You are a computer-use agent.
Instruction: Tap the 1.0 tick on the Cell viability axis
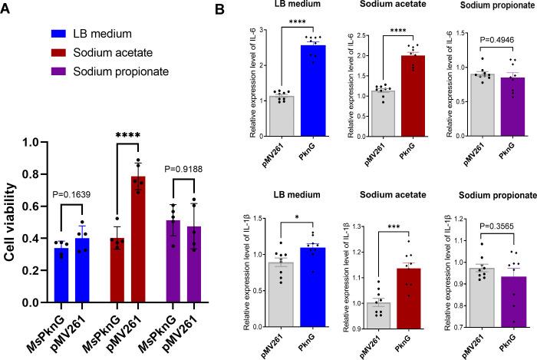(31, 142)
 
